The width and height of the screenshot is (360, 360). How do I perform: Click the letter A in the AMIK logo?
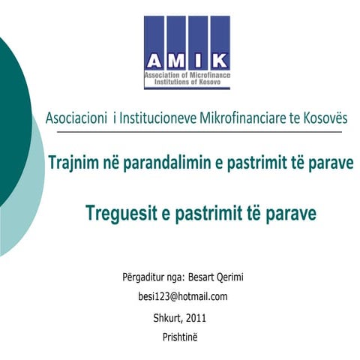coord(155,61)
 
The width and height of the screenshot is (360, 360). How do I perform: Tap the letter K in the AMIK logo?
coord(220,61)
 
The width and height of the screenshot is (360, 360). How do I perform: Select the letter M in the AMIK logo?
coord(177,61)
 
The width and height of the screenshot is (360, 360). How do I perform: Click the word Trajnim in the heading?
coord(77,162)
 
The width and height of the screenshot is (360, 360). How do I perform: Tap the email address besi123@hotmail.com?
coord(183,296)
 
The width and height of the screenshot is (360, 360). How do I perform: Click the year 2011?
coord(195,318)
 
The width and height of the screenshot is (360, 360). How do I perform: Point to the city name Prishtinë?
coord(181,337)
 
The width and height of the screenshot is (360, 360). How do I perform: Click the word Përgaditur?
coord(142,277)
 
